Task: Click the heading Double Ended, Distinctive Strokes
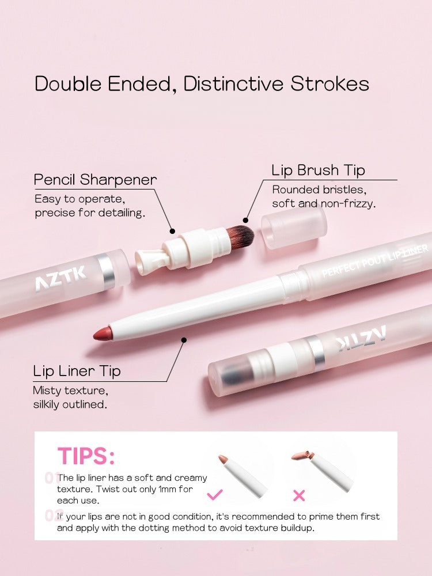[202, 84]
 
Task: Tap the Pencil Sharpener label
[95, 180]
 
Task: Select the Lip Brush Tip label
[318, 170]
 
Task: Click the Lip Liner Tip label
[77, 371]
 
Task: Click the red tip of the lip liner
[103, 334]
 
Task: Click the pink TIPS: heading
[86, 456]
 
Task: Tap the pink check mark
[215, 494]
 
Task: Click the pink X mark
[300, 495]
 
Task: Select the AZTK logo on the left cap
[60, 279]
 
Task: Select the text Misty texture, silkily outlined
[70, 397]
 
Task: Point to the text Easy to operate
[79, 199]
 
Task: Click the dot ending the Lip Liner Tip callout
[184, 340]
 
